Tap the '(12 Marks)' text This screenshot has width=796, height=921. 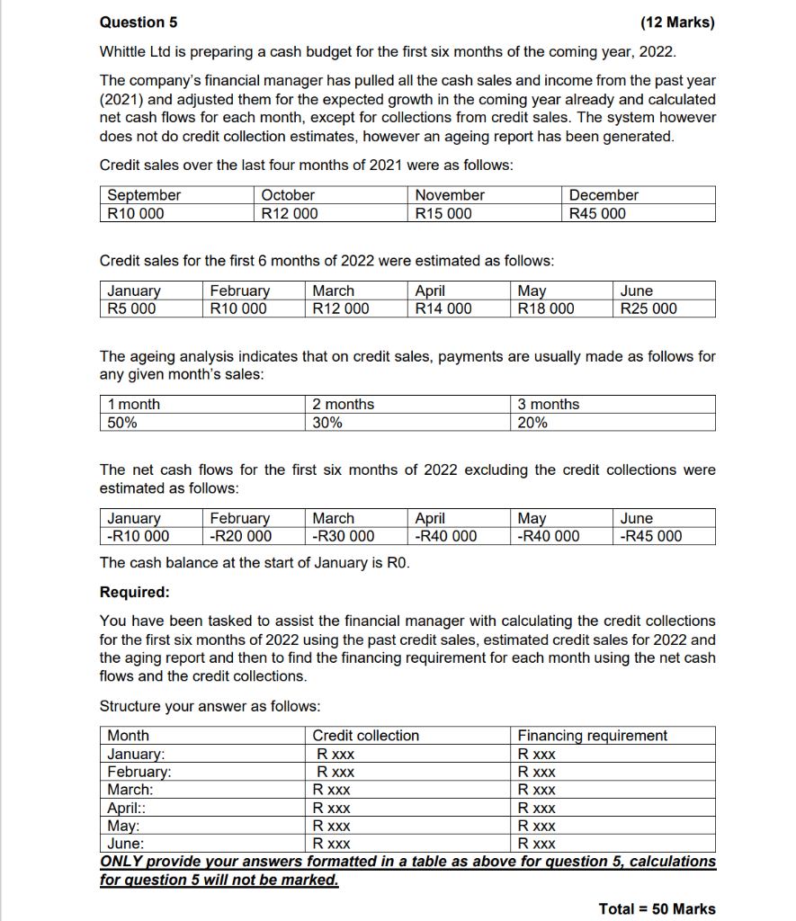point(676,22)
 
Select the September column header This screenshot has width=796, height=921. point(144,195)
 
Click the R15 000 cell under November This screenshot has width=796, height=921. point(442,213)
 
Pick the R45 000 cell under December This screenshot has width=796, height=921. point(597,213)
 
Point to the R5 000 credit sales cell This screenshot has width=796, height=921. point(131,308)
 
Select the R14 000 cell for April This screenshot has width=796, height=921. point(443,308)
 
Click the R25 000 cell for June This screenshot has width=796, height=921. point(648,308)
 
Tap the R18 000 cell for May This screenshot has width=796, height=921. point(546,308)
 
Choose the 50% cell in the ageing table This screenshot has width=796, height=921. point(121,423)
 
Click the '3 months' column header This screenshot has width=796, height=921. point(549,405)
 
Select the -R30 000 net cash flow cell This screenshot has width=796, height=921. point(343,536)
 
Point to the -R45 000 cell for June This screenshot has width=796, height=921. point(651,536)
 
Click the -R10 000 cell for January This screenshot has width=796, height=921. point(138,536)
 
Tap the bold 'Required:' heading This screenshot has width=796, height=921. point(134,593)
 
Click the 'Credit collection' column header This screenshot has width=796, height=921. point(365,736)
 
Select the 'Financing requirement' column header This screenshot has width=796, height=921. point(592,736)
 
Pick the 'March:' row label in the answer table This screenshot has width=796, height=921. point(130,790)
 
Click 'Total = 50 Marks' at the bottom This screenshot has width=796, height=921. point(657,908)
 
